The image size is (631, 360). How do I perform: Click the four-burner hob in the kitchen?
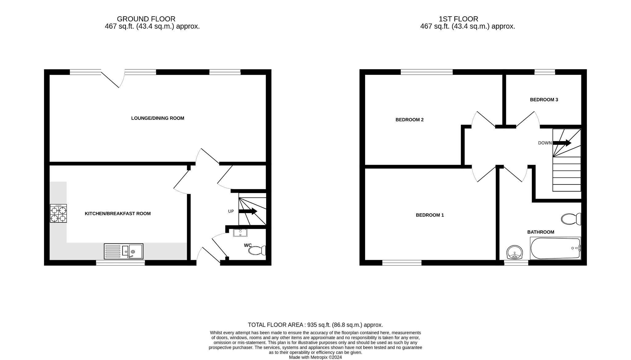click(58, 213)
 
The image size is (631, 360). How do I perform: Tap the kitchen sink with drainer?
click(124, 251)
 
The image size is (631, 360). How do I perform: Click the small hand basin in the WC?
click(240, 233)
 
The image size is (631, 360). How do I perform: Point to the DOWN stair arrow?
click(562, 143)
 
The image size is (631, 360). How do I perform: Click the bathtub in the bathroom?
click(555, 248)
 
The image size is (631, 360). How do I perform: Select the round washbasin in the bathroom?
click(515, 253)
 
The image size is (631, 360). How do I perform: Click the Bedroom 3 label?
click(544, 100)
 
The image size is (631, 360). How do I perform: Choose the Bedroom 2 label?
click(409, 120)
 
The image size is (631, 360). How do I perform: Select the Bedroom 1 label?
click(430, 215)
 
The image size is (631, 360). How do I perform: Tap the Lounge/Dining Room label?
click(157, 118)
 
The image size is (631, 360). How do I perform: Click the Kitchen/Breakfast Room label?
click(118, 214)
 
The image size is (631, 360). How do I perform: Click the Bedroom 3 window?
click(544, 72)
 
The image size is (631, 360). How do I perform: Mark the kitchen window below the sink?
click(120, 263)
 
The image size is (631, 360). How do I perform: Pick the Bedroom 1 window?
click(402, 263)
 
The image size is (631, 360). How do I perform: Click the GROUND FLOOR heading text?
click(146, 19)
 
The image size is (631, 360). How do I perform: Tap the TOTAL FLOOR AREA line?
click(315, 325)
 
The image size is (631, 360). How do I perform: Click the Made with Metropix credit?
click(315, 358)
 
